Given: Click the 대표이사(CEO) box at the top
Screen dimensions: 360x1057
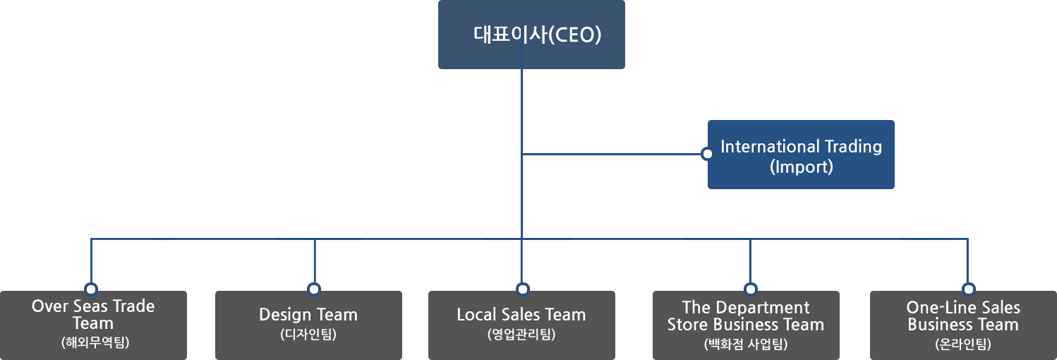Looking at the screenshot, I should tap(531, 35).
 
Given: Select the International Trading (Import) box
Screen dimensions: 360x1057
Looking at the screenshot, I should tap(801, 155).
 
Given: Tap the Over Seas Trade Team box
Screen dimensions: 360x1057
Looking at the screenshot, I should tap(93, 325).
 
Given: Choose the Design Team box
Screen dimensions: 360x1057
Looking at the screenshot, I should tap(308, 325).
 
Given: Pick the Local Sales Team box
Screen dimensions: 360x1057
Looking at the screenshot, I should tap(521, 325).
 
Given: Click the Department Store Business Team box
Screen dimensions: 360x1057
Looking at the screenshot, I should tap(746, 325).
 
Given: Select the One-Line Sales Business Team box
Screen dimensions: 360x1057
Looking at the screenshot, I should tap(963, 325).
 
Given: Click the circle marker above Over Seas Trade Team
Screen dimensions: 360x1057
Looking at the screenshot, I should tap(90, 289).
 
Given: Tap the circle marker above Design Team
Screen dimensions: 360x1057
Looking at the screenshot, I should tap(314, 289).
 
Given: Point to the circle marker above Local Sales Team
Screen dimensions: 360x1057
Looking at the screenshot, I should tap(523, 289).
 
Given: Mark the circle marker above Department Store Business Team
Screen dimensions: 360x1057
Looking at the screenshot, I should tap(750, 289).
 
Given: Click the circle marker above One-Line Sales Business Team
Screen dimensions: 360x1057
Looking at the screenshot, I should tap(969, 289).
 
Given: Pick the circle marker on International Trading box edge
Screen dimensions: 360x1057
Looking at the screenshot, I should tap(706, 153).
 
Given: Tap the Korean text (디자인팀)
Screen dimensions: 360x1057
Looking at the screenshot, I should tap(308, 334).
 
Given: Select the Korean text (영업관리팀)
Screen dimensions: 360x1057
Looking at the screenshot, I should tap(521, 334).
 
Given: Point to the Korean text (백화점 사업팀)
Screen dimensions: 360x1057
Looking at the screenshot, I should tap(746, 344).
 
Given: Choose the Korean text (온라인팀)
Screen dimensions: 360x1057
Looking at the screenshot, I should tap(963, 344).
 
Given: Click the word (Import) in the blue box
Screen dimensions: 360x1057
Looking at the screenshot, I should tap(801, 167).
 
